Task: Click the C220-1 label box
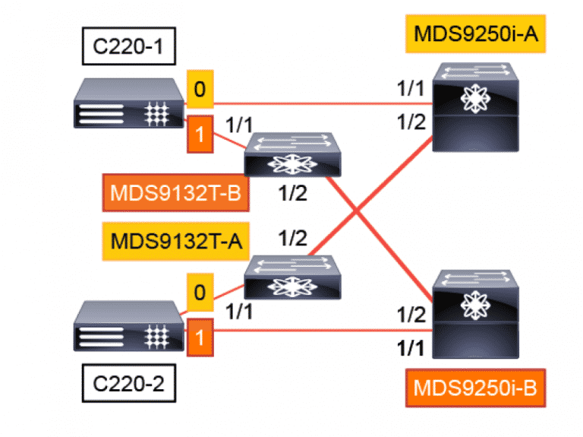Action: (126, 50)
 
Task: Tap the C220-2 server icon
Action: (127, 326)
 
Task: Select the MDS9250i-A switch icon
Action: (477, 107)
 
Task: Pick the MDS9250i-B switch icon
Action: (477, 313)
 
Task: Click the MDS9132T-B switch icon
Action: (293, 156)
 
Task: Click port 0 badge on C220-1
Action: (200, 89)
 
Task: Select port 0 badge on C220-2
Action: (200, 293)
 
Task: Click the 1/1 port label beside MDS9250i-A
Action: (411, 89)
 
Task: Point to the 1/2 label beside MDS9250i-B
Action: (411, 312)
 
